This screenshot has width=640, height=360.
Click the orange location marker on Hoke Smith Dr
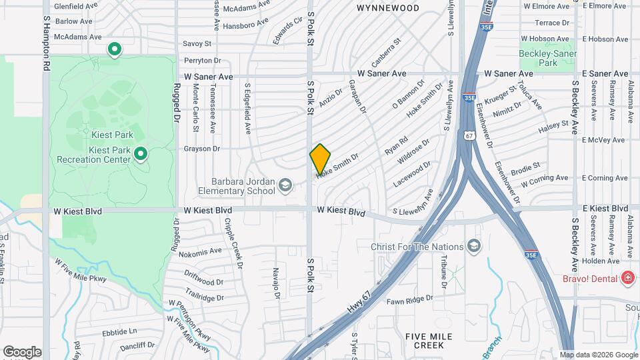[x=320, y=159]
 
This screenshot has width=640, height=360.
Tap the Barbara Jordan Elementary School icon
[x=285, y=185]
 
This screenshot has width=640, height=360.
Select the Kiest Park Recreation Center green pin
[x=140, y=155]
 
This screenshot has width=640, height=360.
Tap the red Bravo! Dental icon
[x=627, y=277]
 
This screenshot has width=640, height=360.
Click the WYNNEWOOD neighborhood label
[x=388, y=8]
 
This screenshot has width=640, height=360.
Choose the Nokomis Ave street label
[x=197, y=251]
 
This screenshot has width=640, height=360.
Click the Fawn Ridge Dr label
[x=411, y=300]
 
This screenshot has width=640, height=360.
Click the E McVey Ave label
[x=604, y=140]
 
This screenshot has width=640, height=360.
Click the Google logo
[x=22, y=352]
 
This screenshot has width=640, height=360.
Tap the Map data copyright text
[x=598, y=355]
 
